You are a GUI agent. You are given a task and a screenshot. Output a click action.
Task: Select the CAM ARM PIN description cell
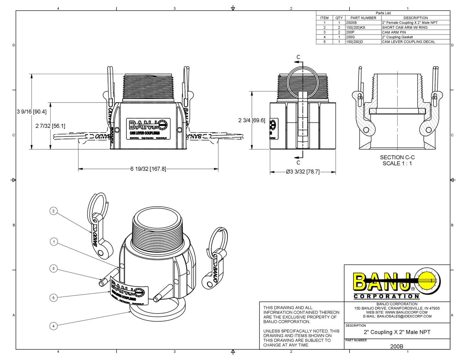click(394, 32)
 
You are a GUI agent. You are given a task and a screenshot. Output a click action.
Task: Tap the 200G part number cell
click(350, 37)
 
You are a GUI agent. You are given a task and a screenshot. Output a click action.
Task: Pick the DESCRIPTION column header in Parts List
click(415, 18)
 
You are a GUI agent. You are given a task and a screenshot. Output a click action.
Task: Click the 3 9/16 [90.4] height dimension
click(32, 112)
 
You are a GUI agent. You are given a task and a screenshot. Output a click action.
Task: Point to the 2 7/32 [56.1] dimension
click(50, 126)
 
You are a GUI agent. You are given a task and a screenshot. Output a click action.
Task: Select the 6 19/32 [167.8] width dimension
click(148, 169)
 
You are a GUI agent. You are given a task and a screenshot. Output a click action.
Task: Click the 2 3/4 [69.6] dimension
click(252, 120)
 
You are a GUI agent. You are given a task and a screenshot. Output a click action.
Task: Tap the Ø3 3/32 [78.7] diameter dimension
click(302, 172)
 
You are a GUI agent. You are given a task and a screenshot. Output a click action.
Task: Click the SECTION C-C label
click(397, 157)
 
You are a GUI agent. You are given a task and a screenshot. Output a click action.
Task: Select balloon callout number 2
click(54, 211)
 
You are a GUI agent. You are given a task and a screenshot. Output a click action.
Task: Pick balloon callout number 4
click(54, 326)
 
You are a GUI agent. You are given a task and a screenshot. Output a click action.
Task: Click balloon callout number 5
click(54, 298)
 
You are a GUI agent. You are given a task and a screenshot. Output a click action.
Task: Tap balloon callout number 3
click(54, 268)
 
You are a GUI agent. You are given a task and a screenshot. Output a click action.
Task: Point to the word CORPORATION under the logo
click(386, 296)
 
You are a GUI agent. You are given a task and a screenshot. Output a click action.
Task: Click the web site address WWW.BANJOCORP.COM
click(406, 312)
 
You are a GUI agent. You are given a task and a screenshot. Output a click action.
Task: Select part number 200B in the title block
click(397, 346)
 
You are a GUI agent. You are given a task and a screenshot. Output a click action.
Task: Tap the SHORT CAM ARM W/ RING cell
click(404, 28)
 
